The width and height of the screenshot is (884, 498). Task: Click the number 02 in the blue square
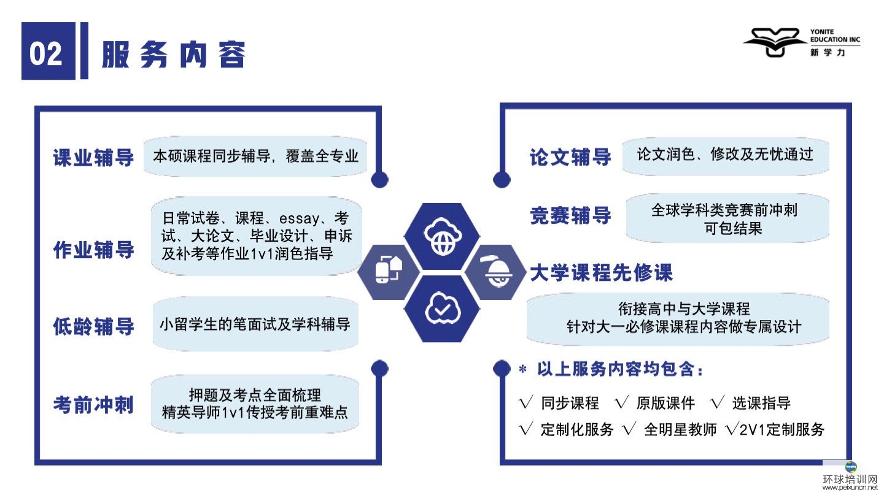[x=46, y=53]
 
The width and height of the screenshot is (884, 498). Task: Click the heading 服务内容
[x=174, y=55]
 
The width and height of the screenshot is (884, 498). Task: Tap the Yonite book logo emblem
[x=775, y=42]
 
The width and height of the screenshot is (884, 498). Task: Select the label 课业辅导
[x=93, y=158]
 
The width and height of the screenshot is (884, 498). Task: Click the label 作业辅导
[x=93, y=250]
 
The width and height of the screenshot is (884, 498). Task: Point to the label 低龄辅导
[x=93, y=326]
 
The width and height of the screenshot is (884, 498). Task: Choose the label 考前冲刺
[x=93, y=405]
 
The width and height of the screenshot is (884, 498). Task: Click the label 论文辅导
[x=571, y=157]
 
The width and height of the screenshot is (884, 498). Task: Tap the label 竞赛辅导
[x=571, y=216]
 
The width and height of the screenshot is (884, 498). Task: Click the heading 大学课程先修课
[x=601, y=272]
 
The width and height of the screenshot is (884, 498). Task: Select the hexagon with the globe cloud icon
[x=442, y=237]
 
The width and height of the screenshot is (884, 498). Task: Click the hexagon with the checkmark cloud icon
[x=442, y=308]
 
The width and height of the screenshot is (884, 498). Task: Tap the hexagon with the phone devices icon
[x=389, y=272]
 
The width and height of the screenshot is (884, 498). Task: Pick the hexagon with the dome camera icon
[x=495, y=272]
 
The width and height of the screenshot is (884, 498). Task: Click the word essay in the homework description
[x=299, y=218]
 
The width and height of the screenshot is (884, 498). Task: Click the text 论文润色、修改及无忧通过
[x=726, y=154]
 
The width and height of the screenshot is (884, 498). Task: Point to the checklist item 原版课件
[x=665, y=403]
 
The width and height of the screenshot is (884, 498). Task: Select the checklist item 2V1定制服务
[x=782, y=429]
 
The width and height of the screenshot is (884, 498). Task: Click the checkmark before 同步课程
[x=526, y=402]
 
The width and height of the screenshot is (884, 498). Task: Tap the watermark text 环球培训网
[x=850, y=479]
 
